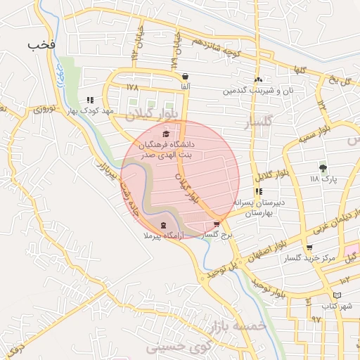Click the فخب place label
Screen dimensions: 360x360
point(41,44)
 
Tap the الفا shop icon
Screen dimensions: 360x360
point(185,77)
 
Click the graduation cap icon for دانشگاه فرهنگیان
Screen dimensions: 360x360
point(166,134)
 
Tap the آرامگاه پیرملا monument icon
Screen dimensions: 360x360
point(164,225)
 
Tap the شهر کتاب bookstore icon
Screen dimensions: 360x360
point(340,295)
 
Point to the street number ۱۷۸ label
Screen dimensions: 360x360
point(132,86)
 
